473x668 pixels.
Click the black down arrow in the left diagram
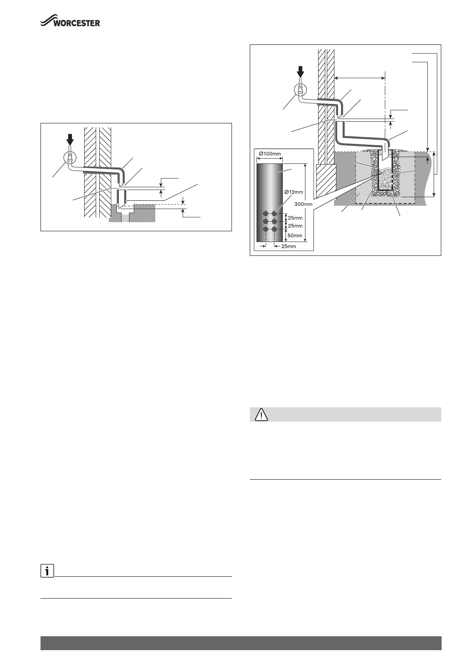point(70,140)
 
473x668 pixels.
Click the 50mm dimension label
point(295,236)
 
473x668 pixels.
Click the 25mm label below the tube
point(288,246)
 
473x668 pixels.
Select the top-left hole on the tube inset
point(266,214)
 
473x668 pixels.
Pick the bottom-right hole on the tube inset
point(274,229)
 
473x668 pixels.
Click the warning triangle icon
point(261,415)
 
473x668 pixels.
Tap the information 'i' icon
point(47,572)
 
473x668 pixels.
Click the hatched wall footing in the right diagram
point(325,177)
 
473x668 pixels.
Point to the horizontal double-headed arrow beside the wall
point(359,78)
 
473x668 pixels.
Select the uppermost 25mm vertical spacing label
point(295,218)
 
